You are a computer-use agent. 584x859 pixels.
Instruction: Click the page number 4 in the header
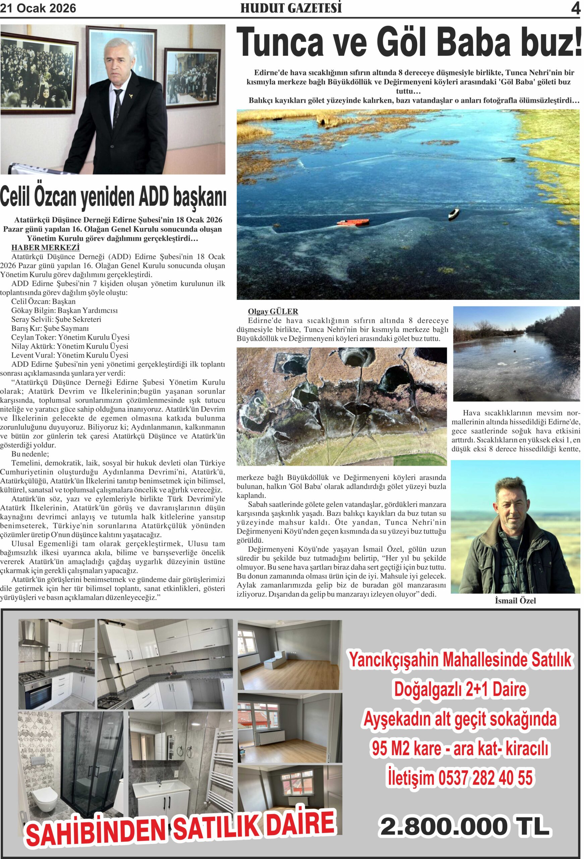tap(575, 8)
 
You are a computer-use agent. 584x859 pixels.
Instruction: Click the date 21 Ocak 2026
tap(38, 8)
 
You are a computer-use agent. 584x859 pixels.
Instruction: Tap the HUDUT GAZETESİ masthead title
tap(291, 8)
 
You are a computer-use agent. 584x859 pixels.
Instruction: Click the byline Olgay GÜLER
tap(273, 312)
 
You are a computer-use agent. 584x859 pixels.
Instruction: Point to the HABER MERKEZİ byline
tap(46, 247)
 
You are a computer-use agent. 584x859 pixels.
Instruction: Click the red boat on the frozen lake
tap(352, 222)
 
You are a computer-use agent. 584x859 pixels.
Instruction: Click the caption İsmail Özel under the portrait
tap(515, 601)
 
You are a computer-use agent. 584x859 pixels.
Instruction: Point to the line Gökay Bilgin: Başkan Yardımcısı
tap(65, 310)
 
